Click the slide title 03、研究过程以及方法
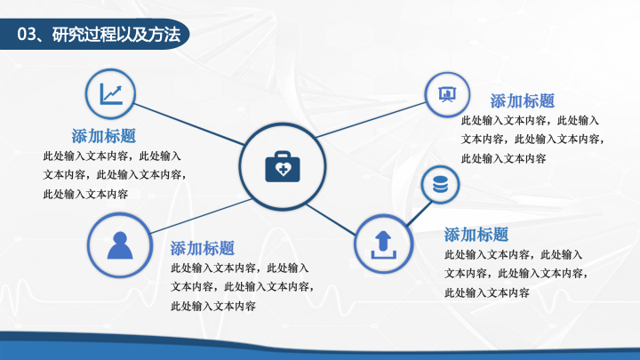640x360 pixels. (99, 35)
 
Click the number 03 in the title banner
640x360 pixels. (27, 35)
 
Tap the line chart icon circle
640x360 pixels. (110, 94)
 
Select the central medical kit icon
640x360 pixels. (283, 166)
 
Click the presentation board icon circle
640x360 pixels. (447, 95)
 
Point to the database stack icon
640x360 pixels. (440, 185)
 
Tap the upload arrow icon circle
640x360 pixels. (383, 244)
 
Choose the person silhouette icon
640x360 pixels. (120, 245)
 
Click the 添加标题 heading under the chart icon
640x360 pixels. (104, 136)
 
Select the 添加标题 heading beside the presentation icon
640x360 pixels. (523, 100)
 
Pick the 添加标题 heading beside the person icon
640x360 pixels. (203, 248)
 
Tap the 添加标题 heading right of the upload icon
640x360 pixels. (476, 235)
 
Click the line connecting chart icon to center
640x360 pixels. (189, 124)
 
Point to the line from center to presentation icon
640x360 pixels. (371, 120)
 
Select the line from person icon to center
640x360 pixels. (201, 216)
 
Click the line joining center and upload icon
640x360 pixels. (331, 220)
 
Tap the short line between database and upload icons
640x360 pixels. (420, 212)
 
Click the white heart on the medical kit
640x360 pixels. (283, 169)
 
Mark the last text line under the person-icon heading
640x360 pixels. (213, 306)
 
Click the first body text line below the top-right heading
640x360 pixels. (530, 120)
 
